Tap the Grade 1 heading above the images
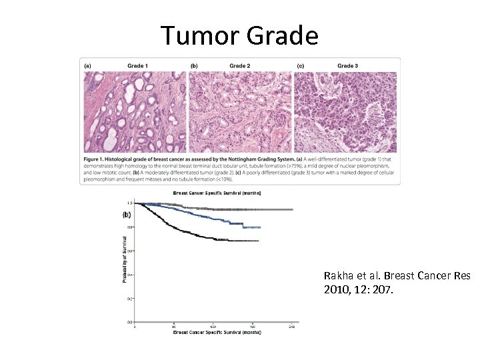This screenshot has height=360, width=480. (x=139, y=66)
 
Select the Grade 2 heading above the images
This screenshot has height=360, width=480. (x=240, y=66)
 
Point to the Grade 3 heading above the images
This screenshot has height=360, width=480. (x=347, y=66)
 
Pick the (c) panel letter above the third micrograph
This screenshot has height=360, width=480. (x=301, y=66)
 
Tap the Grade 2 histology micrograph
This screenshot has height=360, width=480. (x=241, y=111)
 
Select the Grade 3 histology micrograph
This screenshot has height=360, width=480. (x=345, y=111)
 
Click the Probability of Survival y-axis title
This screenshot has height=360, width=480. (x=125, y=260)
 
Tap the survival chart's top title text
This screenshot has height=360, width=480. (x=217, y=193)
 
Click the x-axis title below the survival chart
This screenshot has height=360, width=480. (x=217, y=331)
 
